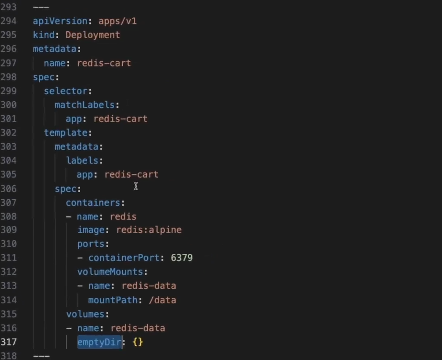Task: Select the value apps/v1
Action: tap(117, 21)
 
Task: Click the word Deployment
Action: tap(93, 35)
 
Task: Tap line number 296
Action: tap(8, 49)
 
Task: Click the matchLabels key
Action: tap(85, 105)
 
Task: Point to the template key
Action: tap(66, 133)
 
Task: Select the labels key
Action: tap(83, 161)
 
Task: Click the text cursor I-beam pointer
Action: tap(136, 186)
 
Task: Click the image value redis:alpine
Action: tap(149, 230)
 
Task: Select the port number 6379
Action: tap(182, 258)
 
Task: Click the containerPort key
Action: tap(123, 258)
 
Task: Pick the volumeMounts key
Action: tap(110, 272)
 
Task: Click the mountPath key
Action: tap(112, 300)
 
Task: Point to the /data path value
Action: tap(162, 300)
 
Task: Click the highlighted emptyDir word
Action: tap(99, 342)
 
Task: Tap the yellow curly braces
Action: tap(138, 342)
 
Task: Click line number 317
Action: tap(8, 342)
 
